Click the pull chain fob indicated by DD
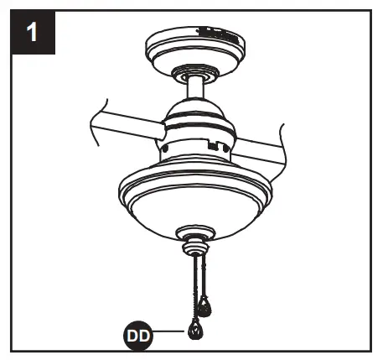pos(194,332)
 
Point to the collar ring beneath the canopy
pos(194,73)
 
